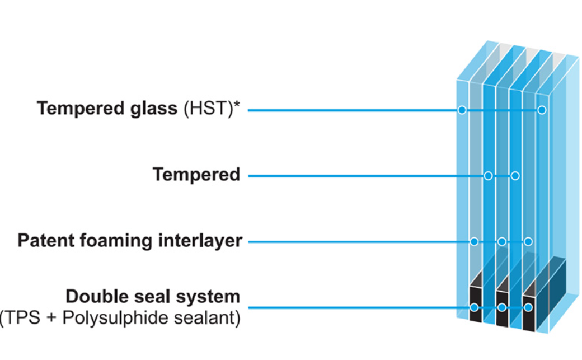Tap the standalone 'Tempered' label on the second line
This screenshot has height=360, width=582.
[x=196, y=175]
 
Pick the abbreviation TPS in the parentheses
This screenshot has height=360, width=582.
[x=23, y=318]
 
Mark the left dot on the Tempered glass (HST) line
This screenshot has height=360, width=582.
[x=462, y=110]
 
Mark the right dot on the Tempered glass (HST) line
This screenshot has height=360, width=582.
[x=542, y=110]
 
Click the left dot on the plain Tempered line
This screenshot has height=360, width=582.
[x=488, y=176]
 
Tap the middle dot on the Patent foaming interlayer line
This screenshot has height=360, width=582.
[x=502, y=242]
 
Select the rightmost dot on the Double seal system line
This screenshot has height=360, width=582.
[x=528, y=307]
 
